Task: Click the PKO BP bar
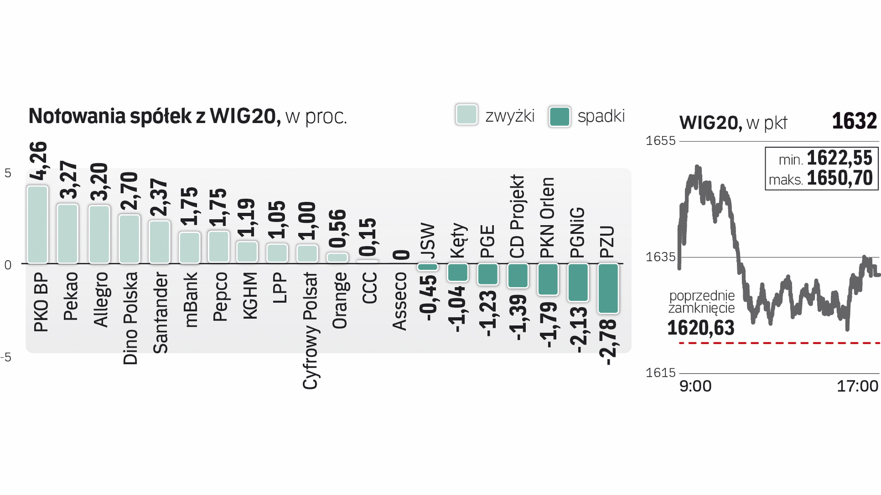click(x=37, y=225)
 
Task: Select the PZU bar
click(x=608, y=289)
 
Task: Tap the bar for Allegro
click(x=99, y=234)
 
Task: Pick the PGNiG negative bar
click(x=578, y=283)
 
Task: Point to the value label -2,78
click(x=608, y=342)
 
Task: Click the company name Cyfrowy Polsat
click(x=310, y=331)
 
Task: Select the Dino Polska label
click(x=130, y=318)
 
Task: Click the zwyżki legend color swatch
click(x=467, y=115)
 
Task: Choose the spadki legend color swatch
click(x=559, y=117)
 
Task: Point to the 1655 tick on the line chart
click(x=660, y=141)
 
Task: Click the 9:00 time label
click(x=695, y=386)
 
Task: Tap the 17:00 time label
click(x=857, y=386)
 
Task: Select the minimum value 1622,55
click(x=839, y=158)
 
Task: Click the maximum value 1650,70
click(x=839, y=178)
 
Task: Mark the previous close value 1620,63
click(x=701, y=328)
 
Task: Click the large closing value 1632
click(x=854, y=121)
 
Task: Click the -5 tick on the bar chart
click(x=6, y=357)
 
